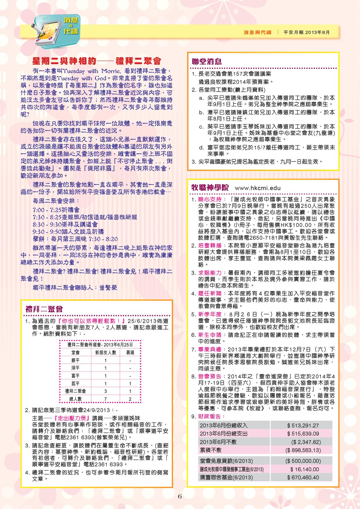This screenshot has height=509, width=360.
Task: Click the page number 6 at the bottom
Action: pyautogui.click(x=180, y=496)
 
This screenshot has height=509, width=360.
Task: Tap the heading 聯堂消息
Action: pyautogui.click(x=207, y=62)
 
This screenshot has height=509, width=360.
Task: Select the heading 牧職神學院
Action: pyautogui.click(x=210, y=187)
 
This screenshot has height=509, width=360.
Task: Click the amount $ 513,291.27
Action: pyautogui.click(x=303, y=425)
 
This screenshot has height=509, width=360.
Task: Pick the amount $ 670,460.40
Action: pyautogui.click(x=303, y=477)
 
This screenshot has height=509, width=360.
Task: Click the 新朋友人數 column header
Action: pyautogui.click(x=106, y=353)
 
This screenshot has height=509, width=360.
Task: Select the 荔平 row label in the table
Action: pyautogui.click(x=75, y=384)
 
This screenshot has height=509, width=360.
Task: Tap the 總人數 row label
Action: pyautogui.click(x=75, y=399)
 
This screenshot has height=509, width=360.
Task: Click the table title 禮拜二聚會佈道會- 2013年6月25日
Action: pyautogui.click(x=100, y=345)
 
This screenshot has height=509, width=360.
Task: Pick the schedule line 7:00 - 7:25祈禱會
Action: pyautogui.click(x=56, y=210)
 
